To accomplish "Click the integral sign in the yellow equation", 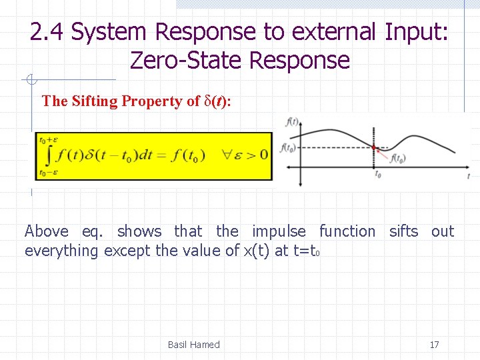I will (46, 156).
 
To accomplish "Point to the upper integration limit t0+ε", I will (49, 140).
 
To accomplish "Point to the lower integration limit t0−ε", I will (48, 173).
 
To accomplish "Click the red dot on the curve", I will (374, 147).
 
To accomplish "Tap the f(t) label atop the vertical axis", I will (292, 122).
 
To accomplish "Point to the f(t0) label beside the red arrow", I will (398, 159).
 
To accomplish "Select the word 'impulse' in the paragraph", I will (279, 231).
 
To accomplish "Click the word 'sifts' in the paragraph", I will (403, 231).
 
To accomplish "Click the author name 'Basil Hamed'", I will (193, 345).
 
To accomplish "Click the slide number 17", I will (434, 345).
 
